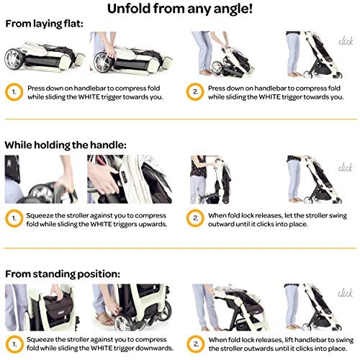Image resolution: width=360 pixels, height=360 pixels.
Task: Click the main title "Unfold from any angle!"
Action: tap(180, 9)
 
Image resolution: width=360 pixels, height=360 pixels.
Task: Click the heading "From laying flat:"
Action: tap(44, 24)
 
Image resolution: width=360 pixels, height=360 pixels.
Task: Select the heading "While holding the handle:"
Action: tap(66, 145)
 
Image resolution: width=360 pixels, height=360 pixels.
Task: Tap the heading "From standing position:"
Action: tap(63, 274)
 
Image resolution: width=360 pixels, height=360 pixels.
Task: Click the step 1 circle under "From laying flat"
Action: tap(14, 92)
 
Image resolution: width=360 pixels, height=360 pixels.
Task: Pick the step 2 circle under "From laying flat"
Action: tap(195, 92)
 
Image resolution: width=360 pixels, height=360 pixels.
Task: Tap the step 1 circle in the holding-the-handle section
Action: tap(14, 218)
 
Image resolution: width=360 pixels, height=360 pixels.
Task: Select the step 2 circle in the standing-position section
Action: tap(196, 344)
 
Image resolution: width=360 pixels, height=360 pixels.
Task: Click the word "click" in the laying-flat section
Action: tap(346, 41)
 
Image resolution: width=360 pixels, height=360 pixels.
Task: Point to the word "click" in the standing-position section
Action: tap(345, 293)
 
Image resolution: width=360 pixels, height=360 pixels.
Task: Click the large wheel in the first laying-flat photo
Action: tap(14, 59)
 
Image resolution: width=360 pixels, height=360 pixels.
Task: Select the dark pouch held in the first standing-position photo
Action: tap(57, 310)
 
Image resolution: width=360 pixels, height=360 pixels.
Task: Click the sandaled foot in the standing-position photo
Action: tap(106, 319)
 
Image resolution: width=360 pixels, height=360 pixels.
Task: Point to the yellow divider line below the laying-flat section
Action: tap(181, 119)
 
